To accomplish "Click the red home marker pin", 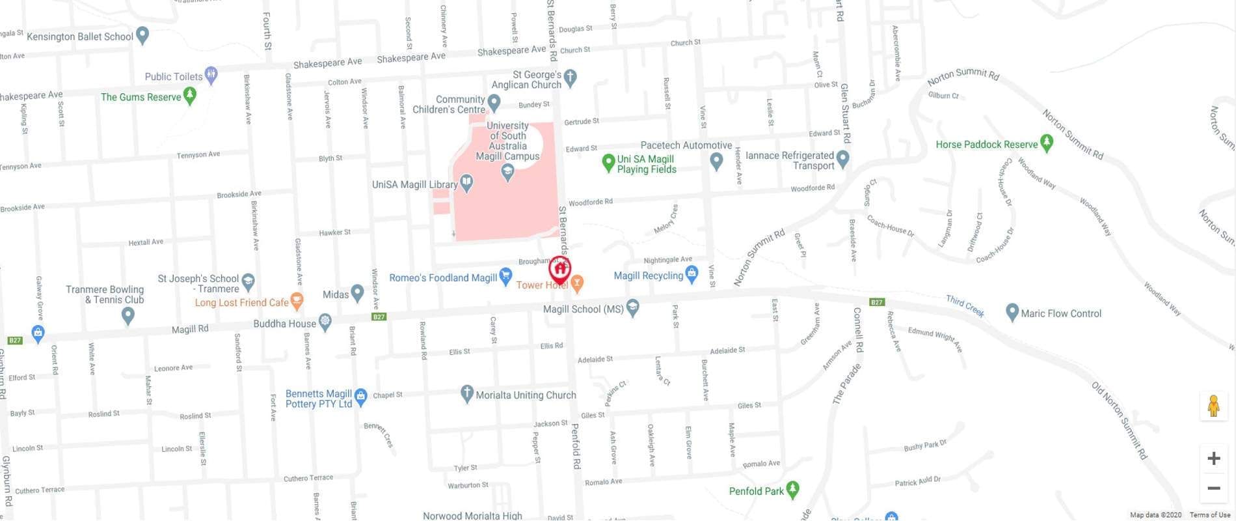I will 559,269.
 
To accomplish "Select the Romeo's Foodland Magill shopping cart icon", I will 505,276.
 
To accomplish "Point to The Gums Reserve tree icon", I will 189,96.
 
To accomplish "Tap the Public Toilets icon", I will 211,75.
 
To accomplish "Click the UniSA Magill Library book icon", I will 467,184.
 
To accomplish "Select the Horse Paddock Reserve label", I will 986,145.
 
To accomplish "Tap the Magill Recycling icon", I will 692,274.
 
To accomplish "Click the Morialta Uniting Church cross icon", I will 466,393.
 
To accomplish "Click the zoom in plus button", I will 1213,458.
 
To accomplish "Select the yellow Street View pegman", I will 1213,406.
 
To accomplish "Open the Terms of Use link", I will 1209,515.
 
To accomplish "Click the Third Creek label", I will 965,305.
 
